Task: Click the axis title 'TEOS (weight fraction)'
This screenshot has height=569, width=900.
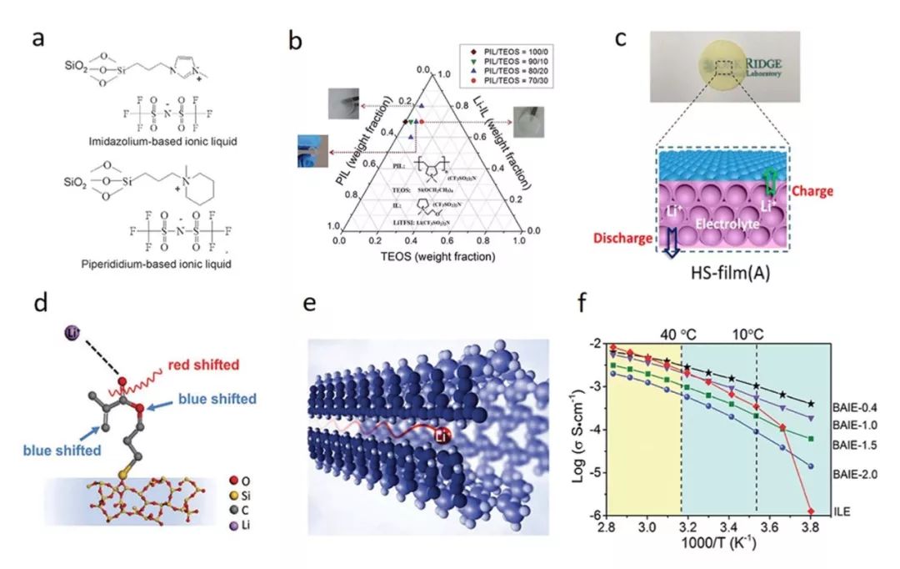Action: click(x=429, y=256)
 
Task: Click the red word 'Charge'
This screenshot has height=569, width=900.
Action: click(x=812, y=190)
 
